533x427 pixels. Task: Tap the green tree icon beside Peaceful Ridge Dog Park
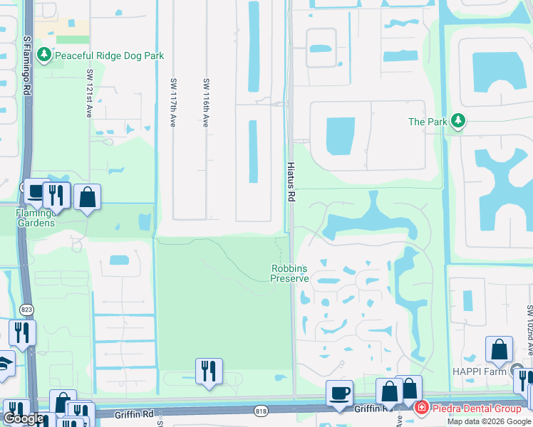tap(45, 56)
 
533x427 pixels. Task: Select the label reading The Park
tap(428, 122)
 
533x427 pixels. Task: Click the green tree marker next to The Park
tap(457, 122)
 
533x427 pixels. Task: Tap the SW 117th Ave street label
tap(172, 102)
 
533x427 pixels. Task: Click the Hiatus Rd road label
tap(291, 183)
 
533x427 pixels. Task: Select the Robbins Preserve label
tap(290, 273)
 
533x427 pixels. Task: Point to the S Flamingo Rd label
tap(26, 68)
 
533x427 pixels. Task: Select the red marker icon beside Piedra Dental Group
tap(421, 408)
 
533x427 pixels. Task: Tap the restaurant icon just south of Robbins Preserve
tap(209, 371)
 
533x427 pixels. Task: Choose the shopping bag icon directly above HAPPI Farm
tap(500, 349)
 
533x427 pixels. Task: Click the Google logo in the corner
tap(24, 418)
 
